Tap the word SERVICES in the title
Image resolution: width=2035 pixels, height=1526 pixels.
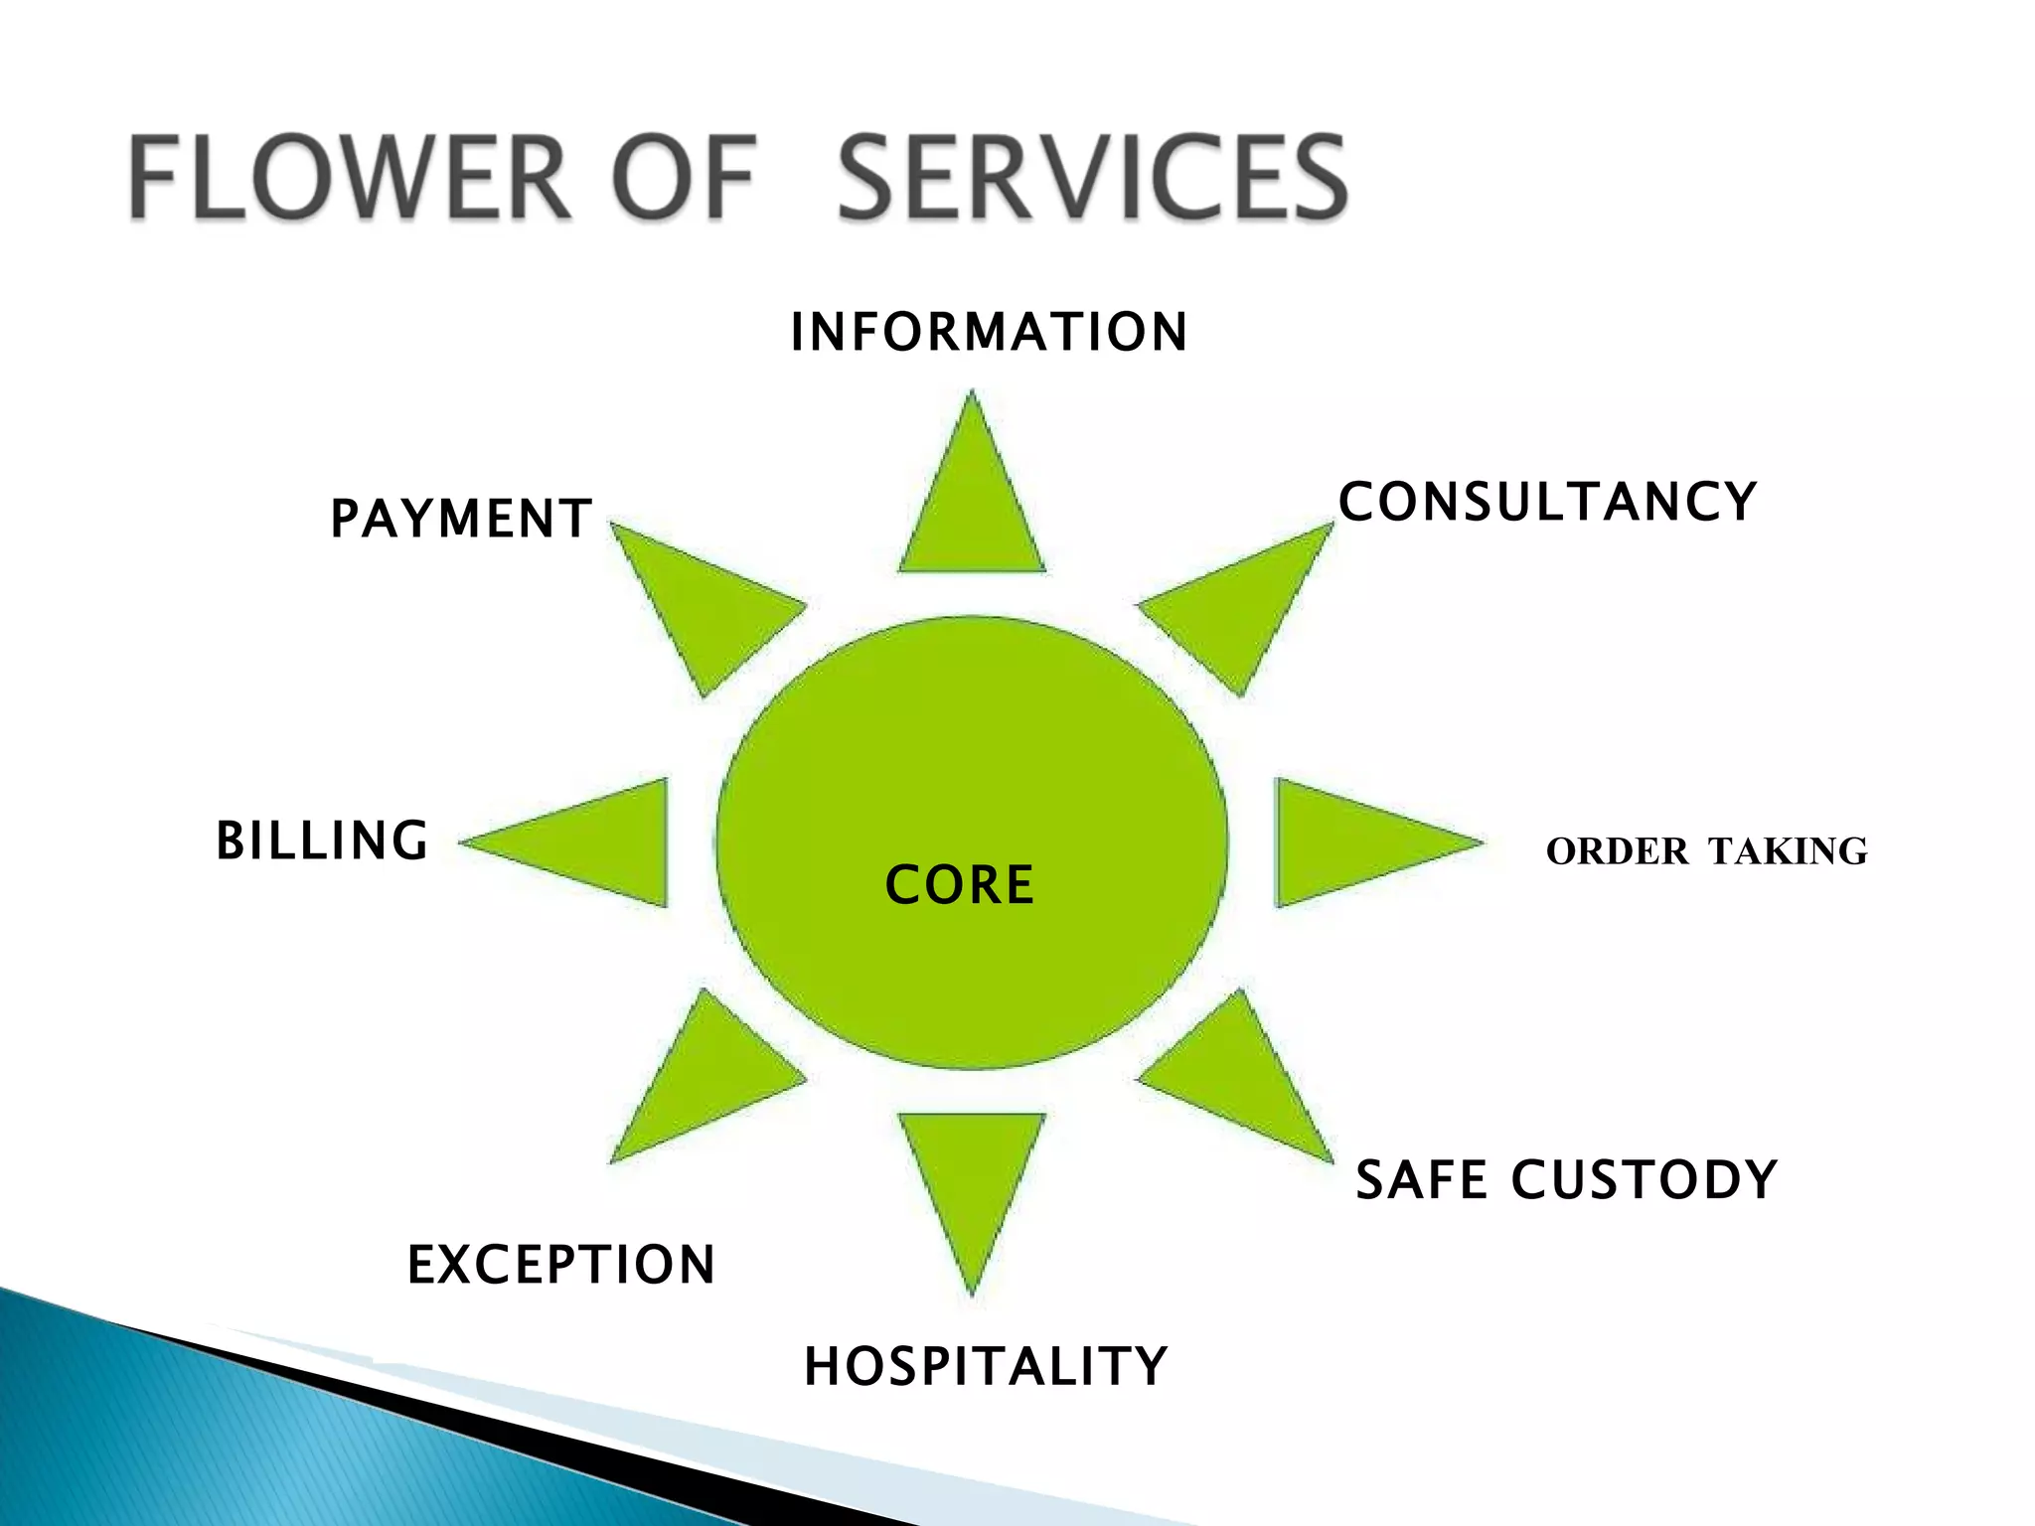click(x=1093, y=179)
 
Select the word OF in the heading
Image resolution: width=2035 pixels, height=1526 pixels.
click(x=686, y=179)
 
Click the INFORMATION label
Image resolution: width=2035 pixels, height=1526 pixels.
click(x=989, y=332)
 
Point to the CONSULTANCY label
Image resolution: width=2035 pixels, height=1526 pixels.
click(x=1548, y=502)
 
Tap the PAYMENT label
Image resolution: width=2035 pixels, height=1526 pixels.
click(x=462, y=519)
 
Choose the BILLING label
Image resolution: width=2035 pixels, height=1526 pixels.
click(x=323, y=840)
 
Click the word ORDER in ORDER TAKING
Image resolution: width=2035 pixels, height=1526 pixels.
click(x=1617, y=851)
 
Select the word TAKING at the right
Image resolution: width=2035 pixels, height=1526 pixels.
click(x=1789, y=851)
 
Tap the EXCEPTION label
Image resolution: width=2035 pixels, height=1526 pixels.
click(x=561, y=1265)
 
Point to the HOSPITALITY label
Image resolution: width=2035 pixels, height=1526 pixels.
click(x=986, y=1366)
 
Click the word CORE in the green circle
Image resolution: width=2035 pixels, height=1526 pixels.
click(x=960, y=885)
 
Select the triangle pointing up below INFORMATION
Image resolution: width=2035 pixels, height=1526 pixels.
click(x=972, y=507)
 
